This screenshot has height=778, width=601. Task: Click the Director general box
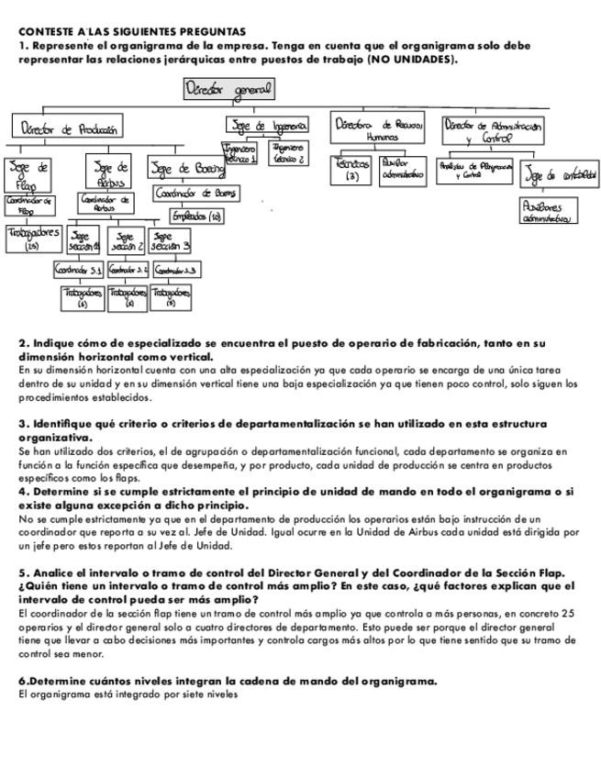coord(228,90)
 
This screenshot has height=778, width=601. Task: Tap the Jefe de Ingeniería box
coord(267,126)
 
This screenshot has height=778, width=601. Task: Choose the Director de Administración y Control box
coord(493,130)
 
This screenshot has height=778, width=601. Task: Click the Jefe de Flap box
coord(29,173)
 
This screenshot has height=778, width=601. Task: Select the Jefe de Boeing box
coord(187,169)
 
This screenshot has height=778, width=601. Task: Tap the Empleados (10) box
coord(196,217)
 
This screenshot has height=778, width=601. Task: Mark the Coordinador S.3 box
coord(177,271)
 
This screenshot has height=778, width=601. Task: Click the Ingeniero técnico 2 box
coord(287,152)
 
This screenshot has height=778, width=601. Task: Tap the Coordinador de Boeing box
coord(195,194)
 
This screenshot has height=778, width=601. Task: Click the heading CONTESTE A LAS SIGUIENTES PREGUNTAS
coord(132,31)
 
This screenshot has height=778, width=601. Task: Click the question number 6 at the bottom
coord(23,682)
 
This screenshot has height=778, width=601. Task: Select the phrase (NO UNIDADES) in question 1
coord(411,59)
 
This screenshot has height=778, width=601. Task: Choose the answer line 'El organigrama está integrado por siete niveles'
coord(128,695)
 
